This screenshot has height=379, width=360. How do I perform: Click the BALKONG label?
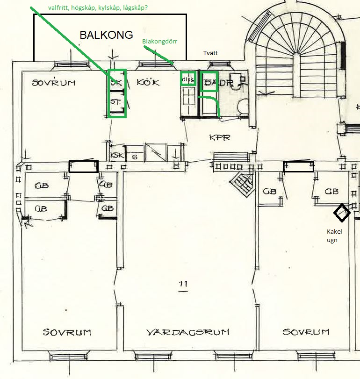coord(106,35)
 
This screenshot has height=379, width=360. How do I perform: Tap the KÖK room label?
coord(148,82)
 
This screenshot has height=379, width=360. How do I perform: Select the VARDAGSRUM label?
coord(188,332)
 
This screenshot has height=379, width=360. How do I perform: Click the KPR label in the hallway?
coord(219,138)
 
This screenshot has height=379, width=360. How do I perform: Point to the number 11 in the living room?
coord(183,284)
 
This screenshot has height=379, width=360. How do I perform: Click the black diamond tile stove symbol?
coord(342,213)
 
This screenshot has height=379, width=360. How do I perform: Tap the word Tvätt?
coord(210,53)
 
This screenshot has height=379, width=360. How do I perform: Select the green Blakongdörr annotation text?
coord(159,42)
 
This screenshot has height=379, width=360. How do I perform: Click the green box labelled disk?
coord(188,79)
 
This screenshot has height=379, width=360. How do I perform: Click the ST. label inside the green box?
coord(115,101)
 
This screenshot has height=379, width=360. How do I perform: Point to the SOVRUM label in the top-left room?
coord(53,83)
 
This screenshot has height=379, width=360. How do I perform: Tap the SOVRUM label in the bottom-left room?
coord(67,332)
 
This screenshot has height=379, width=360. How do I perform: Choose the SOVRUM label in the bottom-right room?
coord(306,332)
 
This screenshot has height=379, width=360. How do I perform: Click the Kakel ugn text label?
coord(334,236)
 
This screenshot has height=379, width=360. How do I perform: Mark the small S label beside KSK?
coord(135,156)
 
